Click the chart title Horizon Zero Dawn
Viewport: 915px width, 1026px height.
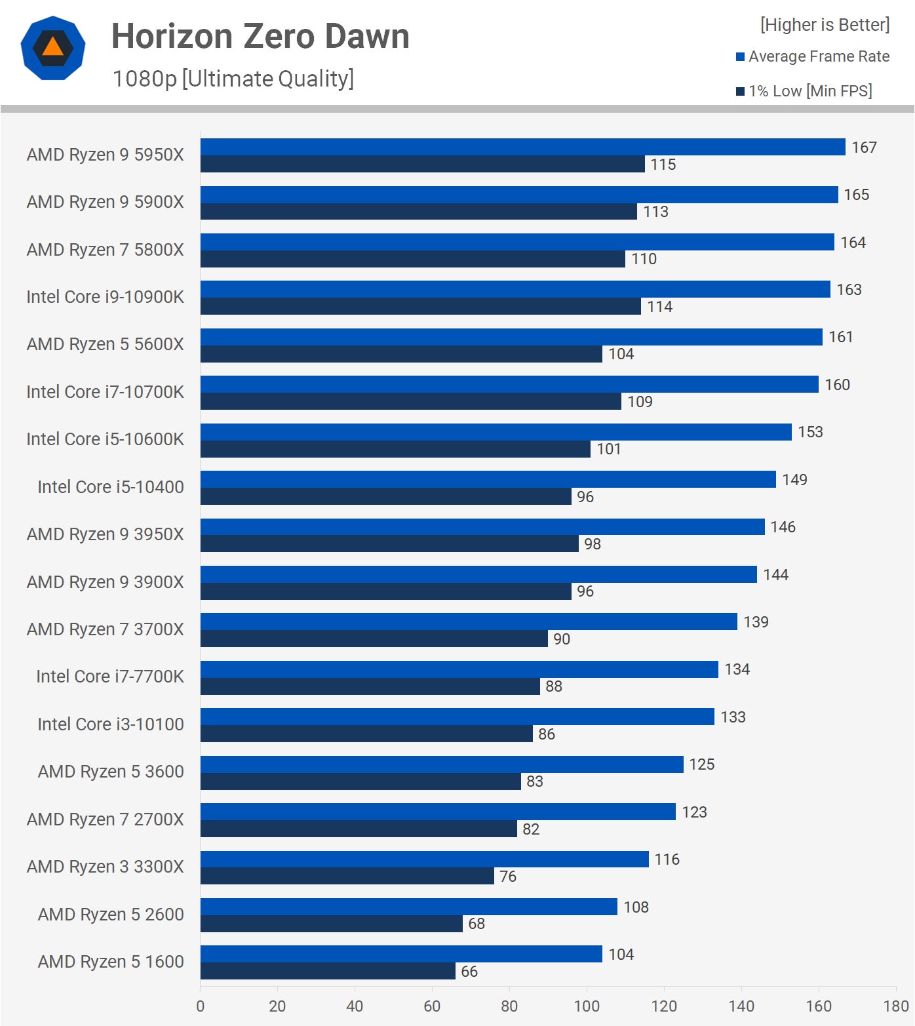(260, 36)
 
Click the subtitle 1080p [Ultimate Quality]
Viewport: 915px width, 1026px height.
(233, 79)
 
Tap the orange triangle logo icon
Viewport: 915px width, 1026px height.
(53, 48)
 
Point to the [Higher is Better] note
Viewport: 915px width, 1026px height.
(825, 25)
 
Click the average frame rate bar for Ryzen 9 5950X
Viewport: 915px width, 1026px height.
(522, 147)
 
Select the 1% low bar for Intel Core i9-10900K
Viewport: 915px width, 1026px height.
(420, 306)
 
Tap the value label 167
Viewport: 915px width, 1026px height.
(864, 148)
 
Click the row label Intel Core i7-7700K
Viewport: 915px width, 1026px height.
(109, 677)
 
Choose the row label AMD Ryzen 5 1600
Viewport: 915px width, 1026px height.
(111, 962)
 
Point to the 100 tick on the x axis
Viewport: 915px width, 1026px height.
(587, 1006)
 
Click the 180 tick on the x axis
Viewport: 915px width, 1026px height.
(895, 1006)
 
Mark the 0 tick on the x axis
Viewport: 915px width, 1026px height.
(201, 1006)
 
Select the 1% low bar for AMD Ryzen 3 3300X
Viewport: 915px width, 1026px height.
(347, 876)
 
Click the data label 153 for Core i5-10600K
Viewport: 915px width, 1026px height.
(810, 432)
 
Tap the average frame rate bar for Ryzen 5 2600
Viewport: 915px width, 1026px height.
(408, 907)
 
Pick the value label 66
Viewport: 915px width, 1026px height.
(469, 972)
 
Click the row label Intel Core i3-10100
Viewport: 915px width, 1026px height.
(110, 724)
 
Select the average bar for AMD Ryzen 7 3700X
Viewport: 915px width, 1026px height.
(469, 622)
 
